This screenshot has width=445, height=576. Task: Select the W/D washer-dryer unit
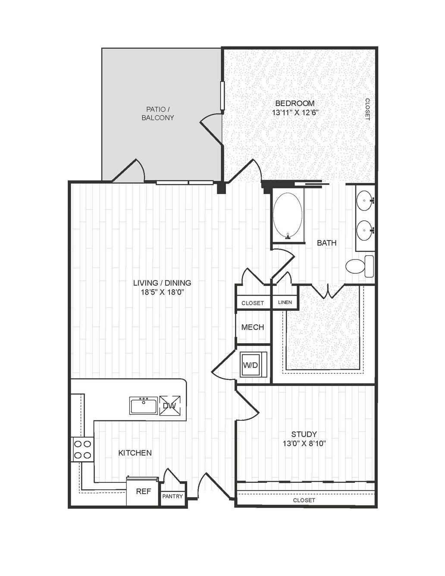click(254, 364)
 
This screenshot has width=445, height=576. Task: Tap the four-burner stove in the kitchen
click(82, 449)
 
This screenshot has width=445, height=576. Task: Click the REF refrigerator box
click(144, 491)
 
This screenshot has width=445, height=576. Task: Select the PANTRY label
click(172, 496)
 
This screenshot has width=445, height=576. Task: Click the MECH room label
click(253, 327)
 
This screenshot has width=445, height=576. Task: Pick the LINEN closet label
click(285, 302)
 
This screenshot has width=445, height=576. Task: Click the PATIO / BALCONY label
click(158, 113)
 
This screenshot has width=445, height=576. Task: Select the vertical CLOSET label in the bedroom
click(368, 109)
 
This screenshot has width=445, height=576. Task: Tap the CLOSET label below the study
click(304, 500)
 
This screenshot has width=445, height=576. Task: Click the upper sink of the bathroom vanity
click(365, 201)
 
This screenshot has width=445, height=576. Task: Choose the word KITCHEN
click(135, 453)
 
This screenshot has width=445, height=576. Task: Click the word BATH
click(327, 243)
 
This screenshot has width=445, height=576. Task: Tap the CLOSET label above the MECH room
click(253, 303)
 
